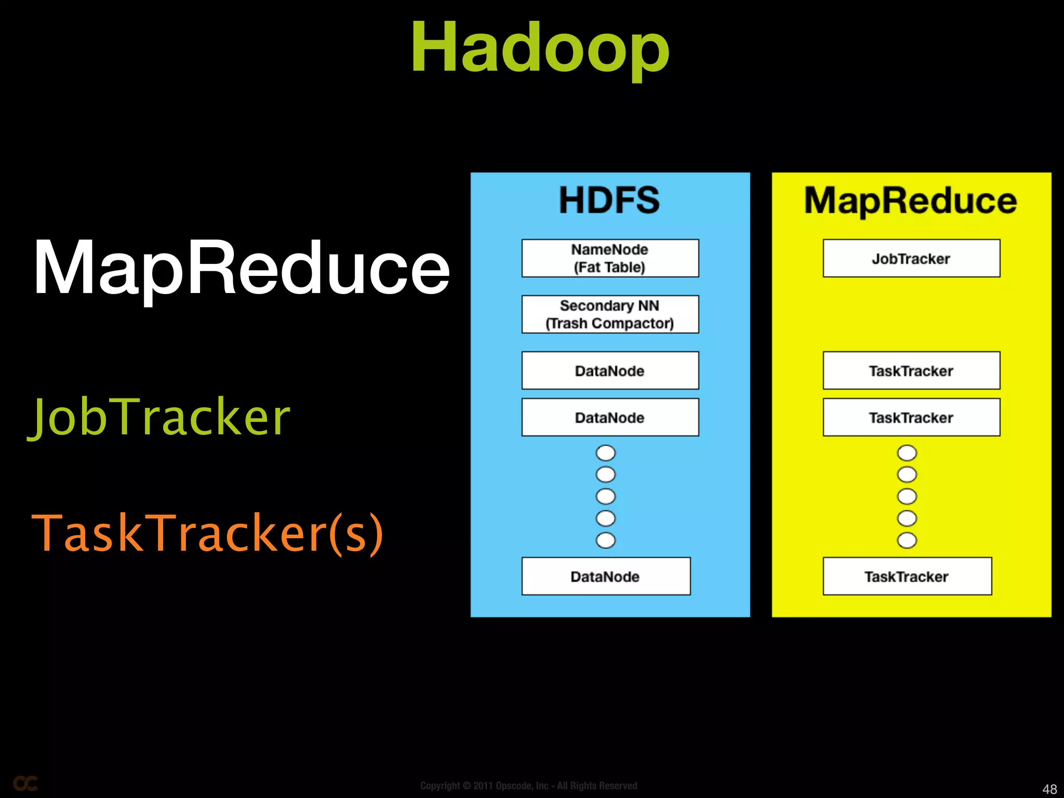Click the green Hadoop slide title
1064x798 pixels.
[540, 48]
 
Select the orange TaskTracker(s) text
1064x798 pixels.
[207, 533]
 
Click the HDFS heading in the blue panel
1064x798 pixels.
[609, 201]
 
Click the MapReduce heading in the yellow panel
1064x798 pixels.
[911, 201]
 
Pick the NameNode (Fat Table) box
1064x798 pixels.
[610, 258]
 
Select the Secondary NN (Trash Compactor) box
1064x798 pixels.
[610, 314]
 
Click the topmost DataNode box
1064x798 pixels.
[610, 370]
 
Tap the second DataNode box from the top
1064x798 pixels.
[610, 417]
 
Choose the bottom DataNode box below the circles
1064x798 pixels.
[606, 576]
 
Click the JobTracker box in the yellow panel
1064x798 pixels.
[911, 258]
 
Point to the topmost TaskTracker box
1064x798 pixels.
[911, 370]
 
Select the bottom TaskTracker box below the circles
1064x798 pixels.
[907, 576]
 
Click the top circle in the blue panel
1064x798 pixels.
[606, 453]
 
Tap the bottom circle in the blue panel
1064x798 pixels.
[606, 540]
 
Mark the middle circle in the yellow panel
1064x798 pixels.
[907, 497]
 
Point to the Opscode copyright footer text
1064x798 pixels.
[528, 786]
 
